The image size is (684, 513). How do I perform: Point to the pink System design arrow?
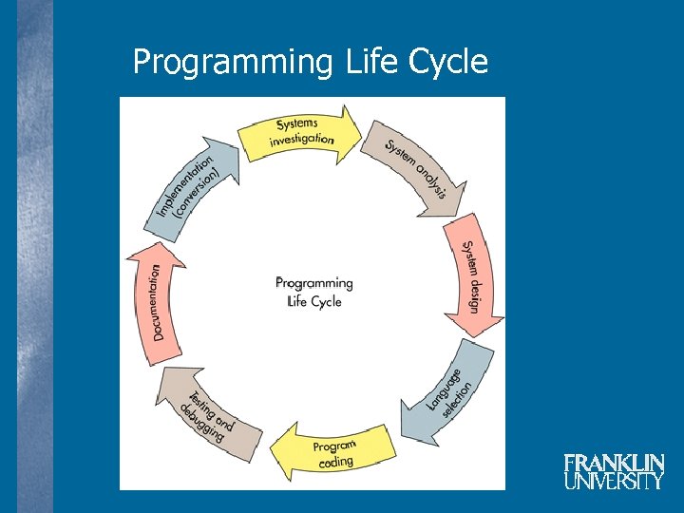pos(470,275)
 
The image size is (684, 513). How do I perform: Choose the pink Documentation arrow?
pos(156,302)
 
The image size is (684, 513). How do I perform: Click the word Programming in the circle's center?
pos(313,283)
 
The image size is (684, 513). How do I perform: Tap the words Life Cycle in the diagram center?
pos(313,301)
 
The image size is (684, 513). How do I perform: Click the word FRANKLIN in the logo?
pos(614,464)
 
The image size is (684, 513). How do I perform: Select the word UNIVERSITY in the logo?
pos(614,481)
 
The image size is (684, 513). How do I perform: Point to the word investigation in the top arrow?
pos(302,140)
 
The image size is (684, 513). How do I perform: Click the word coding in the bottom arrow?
pos(335,462)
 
